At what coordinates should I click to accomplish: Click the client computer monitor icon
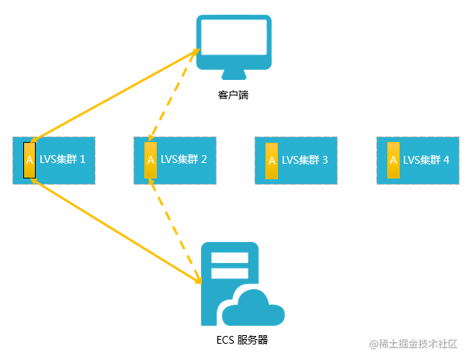233,43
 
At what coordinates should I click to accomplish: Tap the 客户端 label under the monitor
234,95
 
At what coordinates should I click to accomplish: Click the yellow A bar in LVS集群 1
29,161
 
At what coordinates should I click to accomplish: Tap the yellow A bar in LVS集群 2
151,161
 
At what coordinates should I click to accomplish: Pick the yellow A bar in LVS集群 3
272,161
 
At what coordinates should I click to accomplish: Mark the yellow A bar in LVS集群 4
393,161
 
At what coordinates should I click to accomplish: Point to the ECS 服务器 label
243,340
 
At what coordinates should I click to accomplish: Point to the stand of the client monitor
233,74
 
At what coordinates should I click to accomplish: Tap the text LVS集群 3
305,161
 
